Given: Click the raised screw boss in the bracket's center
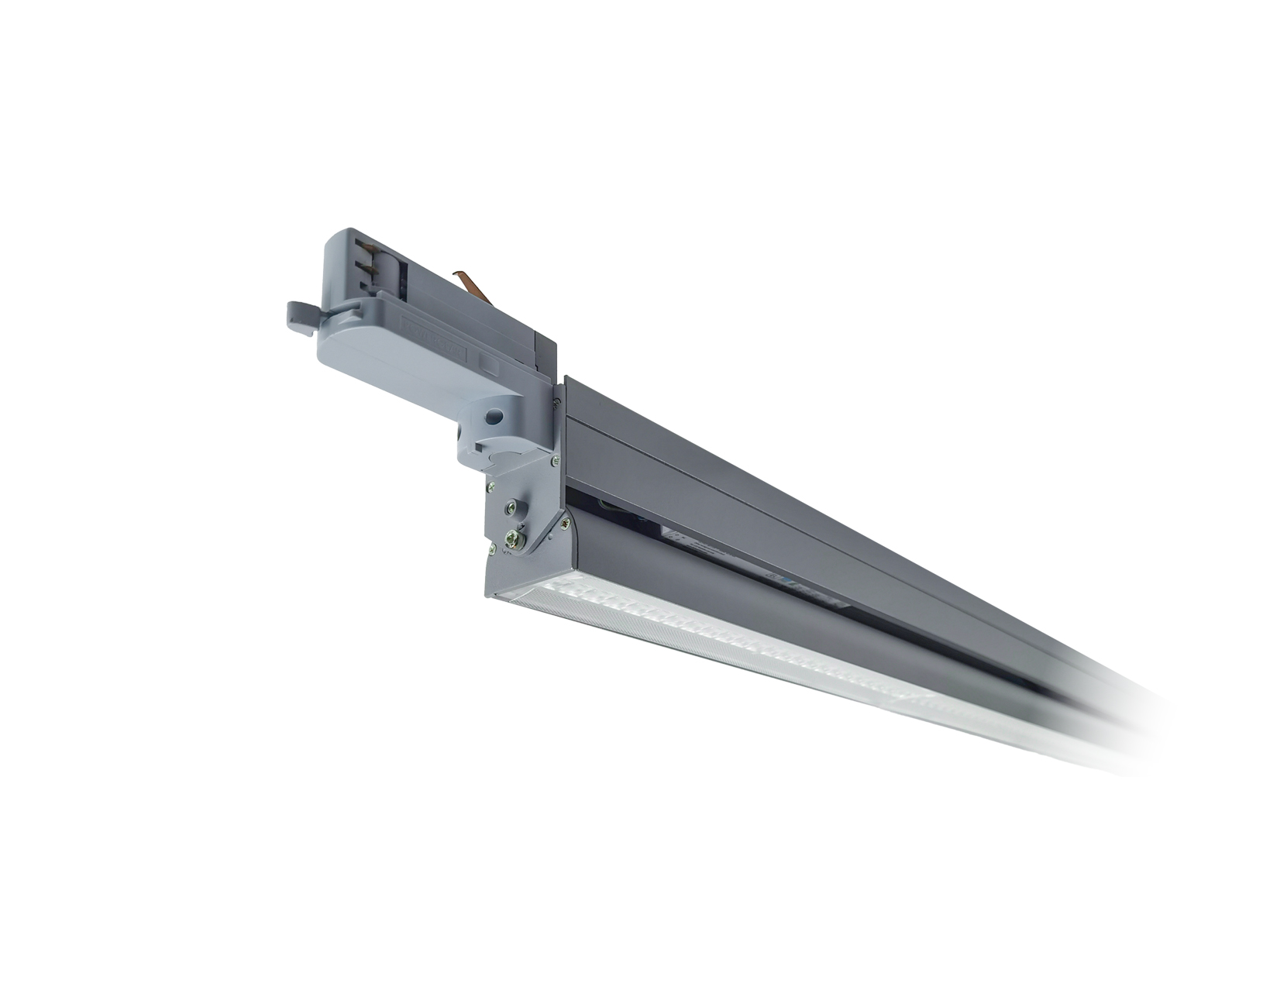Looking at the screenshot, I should tap(511, 507).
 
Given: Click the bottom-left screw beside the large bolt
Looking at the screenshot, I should tap(492, 548).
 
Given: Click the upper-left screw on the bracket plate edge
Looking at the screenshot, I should tap(491, 486).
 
